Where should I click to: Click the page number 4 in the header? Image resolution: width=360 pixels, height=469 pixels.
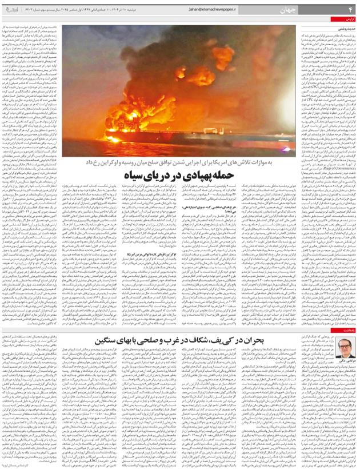[350, 9]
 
